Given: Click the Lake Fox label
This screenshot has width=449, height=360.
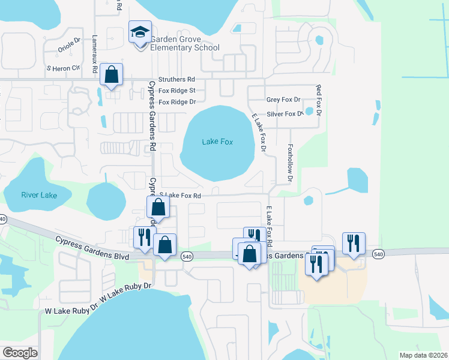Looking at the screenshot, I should click(217, 142).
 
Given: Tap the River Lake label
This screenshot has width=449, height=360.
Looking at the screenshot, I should click(39, 195).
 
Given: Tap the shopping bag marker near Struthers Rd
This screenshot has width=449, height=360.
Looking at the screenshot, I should click(112, 75).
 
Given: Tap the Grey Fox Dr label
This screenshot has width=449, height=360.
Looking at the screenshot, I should click(283, 100).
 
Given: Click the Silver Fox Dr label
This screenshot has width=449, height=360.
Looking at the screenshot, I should click(285, 114).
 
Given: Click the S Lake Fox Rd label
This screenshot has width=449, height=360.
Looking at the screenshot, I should click(180, 196).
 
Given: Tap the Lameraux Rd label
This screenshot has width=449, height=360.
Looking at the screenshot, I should click(95, 53).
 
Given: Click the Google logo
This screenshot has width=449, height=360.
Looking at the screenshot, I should click(19, 353).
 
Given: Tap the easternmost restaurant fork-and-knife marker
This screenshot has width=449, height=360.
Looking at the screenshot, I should click(353, 244).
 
